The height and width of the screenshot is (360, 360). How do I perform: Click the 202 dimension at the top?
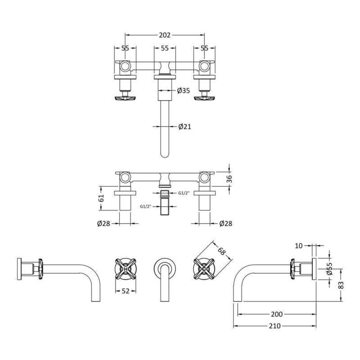(165, 35)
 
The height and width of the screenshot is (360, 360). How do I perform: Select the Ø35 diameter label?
(184, 90)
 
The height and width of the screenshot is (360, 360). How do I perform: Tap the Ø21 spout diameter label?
(184, 126)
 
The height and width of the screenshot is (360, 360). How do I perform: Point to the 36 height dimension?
(229, 179)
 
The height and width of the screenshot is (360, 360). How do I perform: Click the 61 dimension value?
(101, 198)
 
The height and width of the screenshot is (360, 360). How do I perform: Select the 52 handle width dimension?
(126, 291)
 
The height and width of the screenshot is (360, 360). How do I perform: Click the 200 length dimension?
(277, 314)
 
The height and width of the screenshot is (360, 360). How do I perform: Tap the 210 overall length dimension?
(274, 326)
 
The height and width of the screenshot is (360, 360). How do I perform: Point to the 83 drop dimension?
(341, 285)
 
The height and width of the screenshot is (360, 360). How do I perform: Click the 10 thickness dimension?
(298, 246)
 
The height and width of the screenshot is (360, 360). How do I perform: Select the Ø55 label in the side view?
(329, 268)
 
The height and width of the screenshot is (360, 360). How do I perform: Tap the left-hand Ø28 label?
(104, 223)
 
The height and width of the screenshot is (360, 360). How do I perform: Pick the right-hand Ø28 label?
(226, 223)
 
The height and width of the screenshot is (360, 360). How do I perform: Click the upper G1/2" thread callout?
(184, 193)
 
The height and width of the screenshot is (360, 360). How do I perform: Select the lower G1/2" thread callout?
(145, 207)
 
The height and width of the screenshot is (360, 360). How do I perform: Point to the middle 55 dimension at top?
(165, 48)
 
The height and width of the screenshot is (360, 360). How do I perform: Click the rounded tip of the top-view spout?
(165, 157)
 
